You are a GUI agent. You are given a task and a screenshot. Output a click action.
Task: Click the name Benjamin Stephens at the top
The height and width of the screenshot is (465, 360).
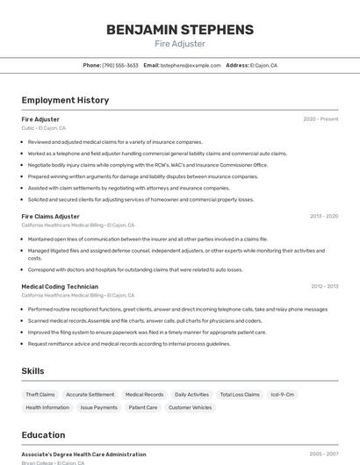click(179, 30)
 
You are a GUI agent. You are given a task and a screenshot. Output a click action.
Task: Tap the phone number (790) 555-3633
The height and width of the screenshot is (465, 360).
click(120, 65)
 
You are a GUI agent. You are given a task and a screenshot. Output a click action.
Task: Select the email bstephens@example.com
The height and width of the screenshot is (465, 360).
click(190, 65)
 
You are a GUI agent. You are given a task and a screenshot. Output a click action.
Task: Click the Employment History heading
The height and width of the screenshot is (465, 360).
click(65, 100)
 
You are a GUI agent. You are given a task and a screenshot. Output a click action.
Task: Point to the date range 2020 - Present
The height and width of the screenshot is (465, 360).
click(320, 119)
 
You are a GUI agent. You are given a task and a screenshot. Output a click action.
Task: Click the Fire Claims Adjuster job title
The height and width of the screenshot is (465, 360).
click(50, 216)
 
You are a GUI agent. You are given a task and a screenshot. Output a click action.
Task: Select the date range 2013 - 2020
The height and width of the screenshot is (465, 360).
click(323, 216)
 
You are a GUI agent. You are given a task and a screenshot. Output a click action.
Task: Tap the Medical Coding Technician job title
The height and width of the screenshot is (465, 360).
click(60, 286)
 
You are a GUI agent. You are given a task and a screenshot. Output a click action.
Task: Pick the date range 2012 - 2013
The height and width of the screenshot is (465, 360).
click(324, 286)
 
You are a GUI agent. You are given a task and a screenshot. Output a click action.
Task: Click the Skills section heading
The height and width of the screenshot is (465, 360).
click(33, 371)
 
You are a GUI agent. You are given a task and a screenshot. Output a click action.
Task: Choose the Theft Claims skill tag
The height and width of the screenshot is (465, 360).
click(40, 395)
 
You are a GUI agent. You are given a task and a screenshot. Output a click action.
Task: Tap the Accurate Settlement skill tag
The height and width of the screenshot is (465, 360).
click(90, 395)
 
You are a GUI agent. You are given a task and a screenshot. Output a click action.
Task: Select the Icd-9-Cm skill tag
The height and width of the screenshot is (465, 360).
click(283, 395)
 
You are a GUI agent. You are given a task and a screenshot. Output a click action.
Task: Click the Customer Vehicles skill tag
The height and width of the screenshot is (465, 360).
click(190, 407)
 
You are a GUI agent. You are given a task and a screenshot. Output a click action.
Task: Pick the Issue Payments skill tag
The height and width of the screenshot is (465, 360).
click(99, 407)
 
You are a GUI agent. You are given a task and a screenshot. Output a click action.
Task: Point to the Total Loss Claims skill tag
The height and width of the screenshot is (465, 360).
click(240, 395)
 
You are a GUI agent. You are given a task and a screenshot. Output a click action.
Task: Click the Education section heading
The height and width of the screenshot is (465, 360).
click(43, 435)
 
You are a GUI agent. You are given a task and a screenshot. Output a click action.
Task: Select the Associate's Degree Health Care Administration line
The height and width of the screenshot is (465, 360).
click(84, 454)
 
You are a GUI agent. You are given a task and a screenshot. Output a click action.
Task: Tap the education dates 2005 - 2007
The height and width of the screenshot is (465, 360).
click(323, 454)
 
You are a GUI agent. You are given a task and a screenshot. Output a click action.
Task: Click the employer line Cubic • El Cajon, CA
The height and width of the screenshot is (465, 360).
click(43, 128)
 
